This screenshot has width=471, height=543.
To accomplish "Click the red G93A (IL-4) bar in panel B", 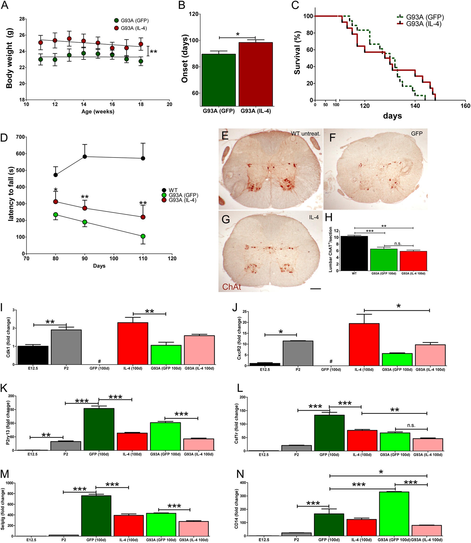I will click(256, 74).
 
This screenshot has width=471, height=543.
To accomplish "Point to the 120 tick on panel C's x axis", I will click(365, 106).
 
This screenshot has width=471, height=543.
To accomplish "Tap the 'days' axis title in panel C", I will click(392, 116).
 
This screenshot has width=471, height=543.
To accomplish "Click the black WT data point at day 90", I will click(85, 156).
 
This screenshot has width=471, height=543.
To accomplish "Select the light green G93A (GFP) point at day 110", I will click(143, 236).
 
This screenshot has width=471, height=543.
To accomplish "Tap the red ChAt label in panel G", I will click(231, 287).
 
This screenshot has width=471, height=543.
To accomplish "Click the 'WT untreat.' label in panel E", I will click(305, 134).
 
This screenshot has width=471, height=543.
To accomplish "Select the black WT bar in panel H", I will click(354, 253).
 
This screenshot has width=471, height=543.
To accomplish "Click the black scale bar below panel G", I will click(315, 289).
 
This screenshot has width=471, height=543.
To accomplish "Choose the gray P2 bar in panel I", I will click(66, 347).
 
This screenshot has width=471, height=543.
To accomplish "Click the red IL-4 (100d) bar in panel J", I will click(364, 344).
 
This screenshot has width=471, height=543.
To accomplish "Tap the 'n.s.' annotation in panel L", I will click(411, 425).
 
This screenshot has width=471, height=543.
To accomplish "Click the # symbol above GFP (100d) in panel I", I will click(99, 361).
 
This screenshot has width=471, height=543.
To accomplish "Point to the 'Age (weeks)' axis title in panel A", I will click(98, 111).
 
